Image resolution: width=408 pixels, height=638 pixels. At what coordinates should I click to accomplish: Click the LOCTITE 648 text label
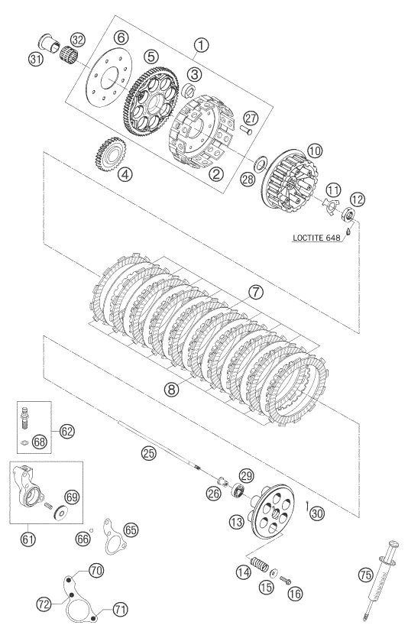316,238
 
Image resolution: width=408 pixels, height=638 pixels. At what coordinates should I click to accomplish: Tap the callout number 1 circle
201,45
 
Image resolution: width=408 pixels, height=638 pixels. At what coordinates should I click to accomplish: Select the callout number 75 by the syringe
365,575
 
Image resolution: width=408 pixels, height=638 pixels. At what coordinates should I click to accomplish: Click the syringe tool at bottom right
381,579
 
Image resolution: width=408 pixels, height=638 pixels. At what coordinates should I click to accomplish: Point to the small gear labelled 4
111,154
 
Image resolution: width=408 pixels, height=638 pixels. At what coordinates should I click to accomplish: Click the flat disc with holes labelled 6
109,77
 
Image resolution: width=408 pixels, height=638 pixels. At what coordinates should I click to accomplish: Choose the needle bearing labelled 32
69,54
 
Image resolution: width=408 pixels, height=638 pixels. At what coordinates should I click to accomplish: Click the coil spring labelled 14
258,564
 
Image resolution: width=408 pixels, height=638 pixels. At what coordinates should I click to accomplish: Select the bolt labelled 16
285,580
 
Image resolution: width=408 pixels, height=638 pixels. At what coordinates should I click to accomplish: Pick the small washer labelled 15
274,573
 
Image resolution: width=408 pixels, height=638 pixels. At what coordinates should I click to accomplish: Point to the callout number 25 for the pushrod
148,453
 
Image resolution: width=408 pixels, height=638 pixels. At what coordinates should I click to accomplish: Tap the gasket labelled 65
114,537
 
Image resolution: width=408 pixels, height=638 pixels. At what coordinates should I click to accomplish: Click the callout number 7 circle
257,292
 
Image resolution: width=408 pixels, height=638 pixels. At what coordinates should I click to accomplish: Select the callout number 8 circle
171,390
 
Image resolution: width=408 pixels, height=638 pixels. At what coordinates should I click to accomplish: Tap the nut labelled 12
348,214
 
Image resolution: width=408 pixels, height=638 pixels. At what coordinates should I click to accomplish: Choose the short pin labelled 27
246,130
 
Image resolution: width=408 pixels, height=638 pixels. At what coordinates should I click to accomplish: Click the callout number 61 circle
28,539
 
